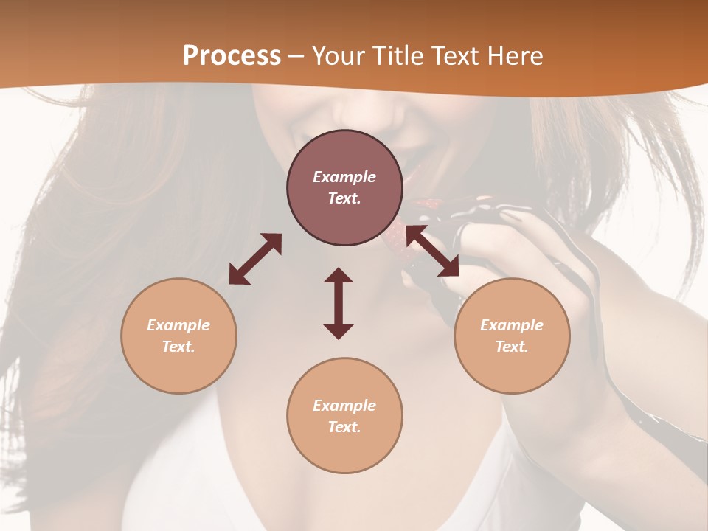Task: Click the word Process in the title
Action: click(x=232, y=56)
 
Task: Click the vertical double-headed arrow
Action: click(x=339, y=303)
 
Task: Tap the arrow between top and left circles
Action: click(x=255, y=258)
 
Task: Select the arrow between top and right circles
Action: click(x=432, y=251)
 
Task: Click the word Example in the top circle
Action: click(x=344, y=177)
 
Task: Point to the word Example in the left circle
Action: click(x=178, y=325)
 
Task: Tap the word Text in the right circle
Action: click(x=512, y=347)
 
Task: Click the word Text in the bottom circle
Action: click(x=344, y=427)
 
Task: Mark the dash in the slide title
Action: click(x=296, y=56)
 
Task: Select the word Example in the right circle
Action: click(x=512, y=325)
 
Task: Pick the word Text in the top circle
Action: click(x=344, y=198)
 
